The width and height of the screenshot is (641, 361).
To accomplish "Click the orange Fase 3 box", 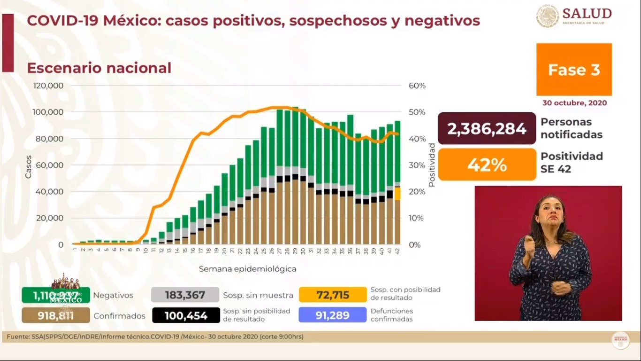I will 574,70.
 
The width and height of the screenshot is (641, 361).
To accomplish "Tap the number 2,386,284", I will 487,128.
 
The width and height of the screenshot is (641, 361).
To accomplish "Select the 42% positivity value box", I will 487,165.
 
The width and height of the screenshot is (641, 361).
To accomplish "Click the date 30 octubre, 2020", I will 574,103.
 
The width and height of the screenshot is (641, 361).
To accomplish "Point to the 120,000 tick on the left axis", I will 48,86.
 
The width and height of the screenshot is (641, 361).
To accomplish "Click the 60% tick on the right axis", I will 417,86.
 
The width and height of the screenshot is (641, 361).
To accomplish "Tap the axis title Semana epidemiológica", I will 247,269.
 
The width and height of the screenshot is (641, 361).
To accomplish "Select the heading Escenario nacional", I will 99,68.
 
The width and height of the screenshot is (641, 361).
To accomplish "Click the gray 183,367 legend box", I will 185,295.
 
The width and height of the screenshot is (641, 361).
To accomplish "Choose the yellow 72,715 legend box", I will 333,295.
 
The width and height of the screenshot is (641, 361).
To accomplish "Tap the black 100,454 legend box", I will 186,315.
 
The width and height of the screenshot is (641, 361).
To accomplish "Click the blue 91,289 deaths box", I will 333,315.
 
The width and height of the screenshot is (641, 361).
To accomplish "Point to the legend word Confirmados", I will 119,316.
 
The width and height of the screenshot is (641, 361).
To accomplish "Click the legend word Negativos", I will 113,296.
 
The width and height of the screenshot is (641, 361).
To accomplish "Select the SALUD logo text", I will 587,13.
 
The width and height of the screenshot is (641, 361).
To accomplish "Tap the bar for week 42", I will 397,183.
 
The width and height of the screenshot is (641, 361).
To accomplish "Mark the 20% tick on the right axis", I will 417,192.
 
